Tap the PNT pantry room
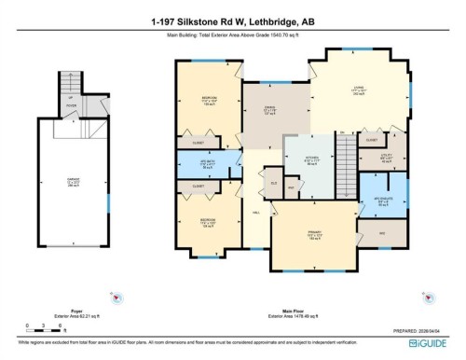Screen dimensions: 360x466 [x=293, y=187]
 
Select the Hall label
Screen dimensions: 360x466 [x=256, y=213]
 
